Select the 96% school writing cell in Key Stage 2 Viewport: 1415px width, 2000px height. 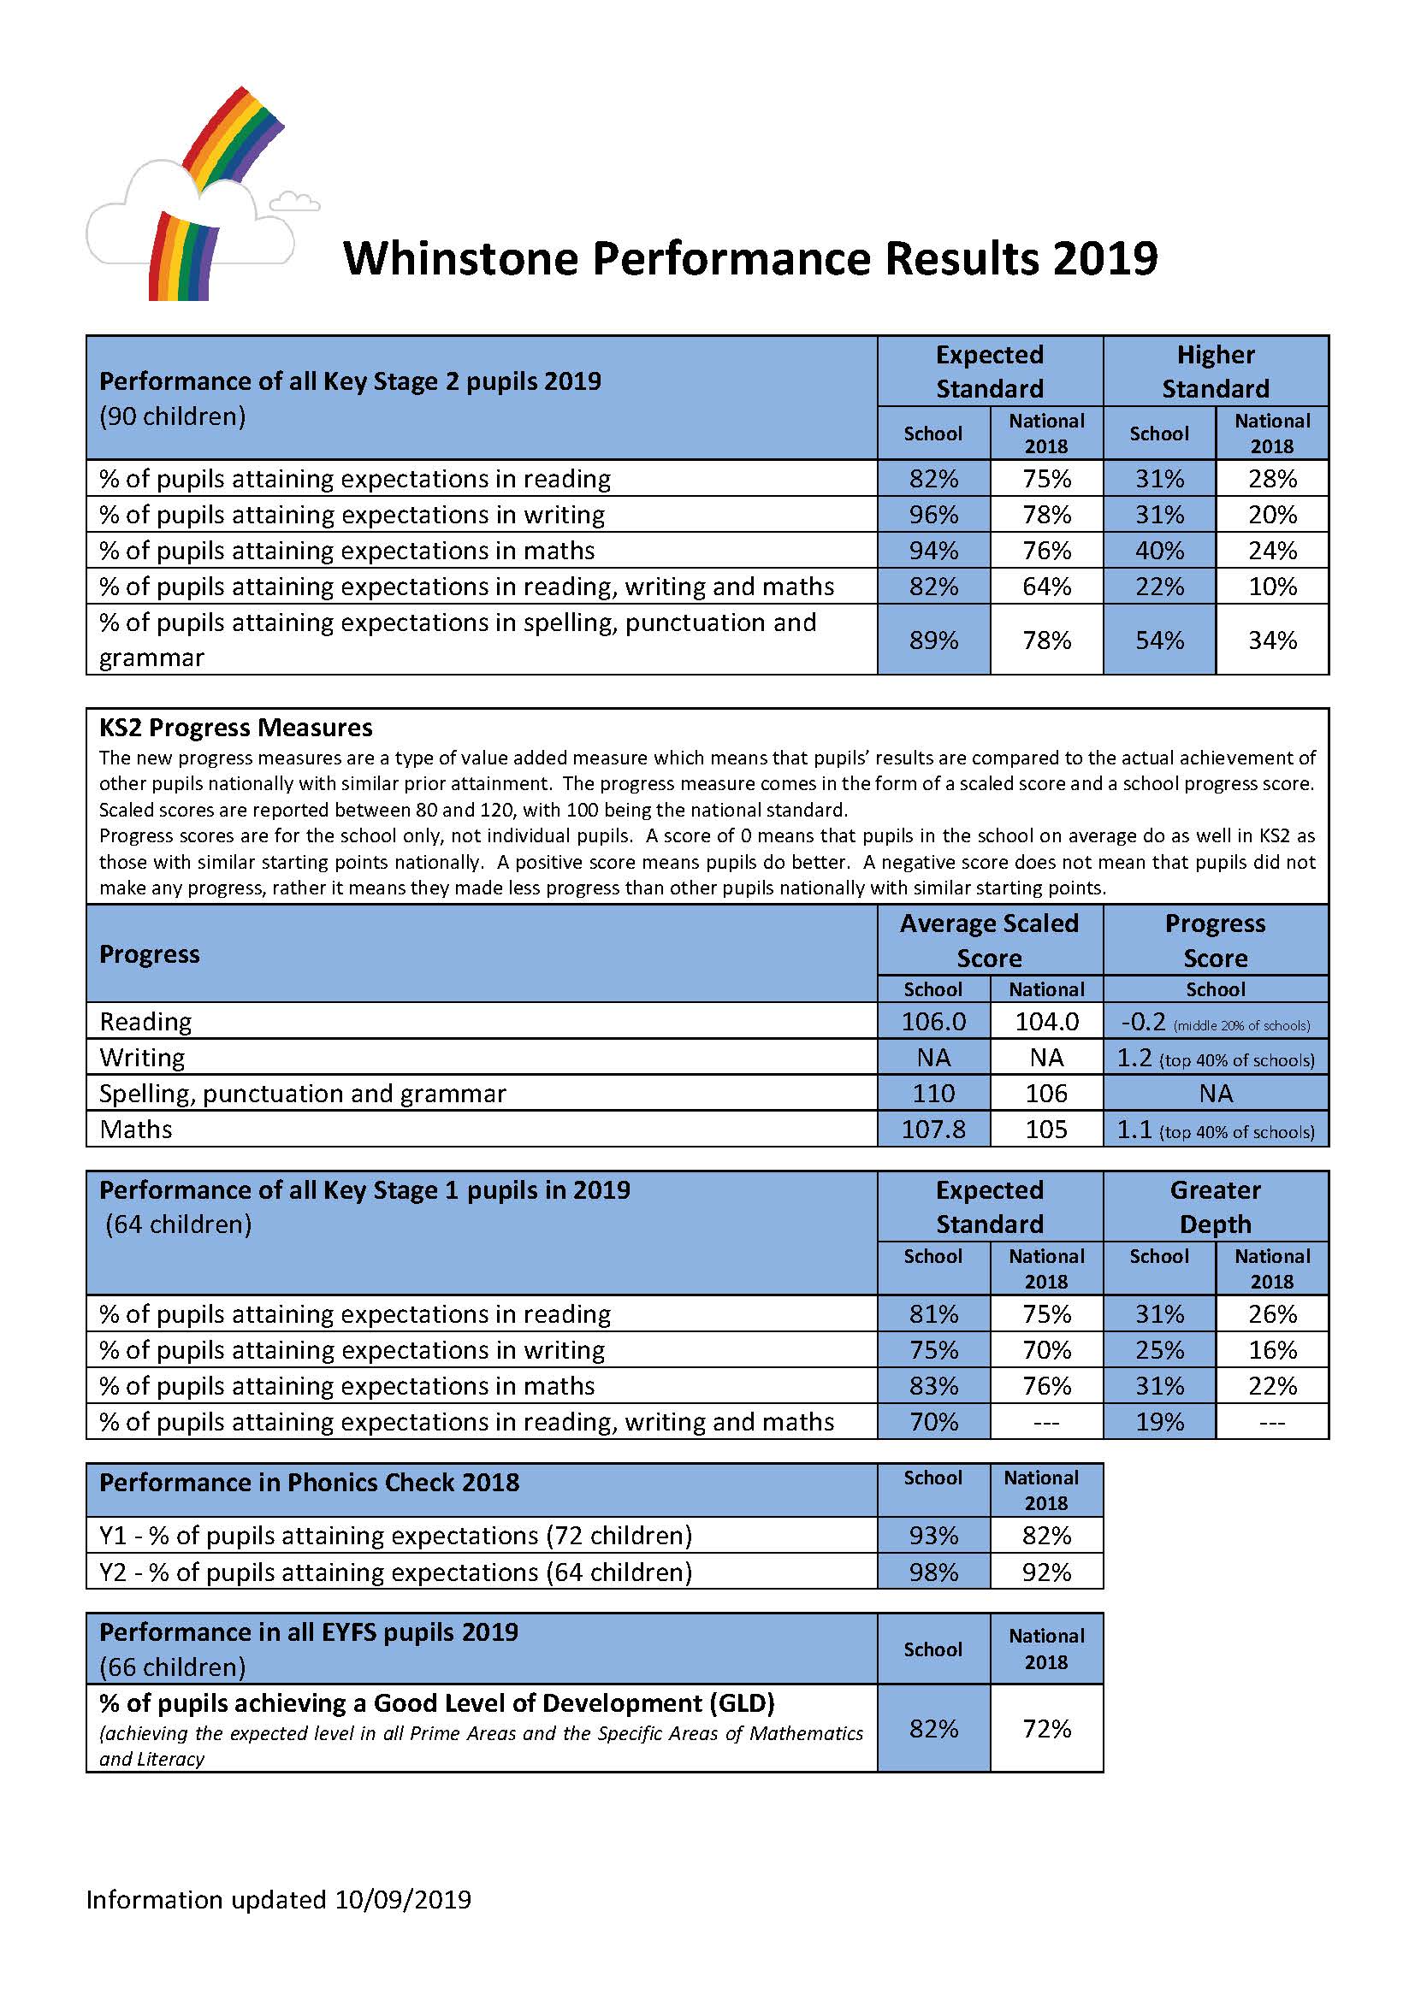tap(933, 515)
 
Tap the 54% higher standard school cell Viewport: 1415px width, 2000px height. tap(1159, 640)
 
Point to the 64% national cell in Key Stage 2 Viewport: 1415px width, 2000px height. tap(1046, 587)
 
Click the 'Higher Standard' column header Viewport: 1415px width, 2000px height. tap(1215, 371)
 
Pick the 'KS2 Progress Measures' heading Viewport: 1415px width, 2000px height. tap(235, 728)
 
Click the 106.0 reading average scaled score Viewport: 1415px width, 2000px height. tap(933, 1021)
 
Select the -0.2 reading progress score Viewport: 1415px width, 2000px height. tap(1142, 1021)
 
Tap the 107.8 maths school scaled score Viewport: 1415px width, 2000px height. tap(933, 1129)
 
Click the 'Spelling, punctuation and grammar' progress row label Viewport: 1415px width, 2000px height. tap(302, 1094)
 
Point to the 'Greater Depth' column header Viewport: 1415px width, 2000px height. tap(1215, 1206)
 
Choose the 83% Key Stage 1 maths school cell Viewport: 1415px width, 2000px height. tap(933, 1386)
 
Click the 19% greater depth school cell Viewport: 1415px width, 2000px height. tap(1159, 1422)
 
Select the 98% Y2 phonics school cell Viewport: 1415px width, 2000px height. tap(933, 1572)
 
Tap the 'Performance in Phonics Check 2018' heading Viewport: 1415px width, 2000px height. tap(310, 1483)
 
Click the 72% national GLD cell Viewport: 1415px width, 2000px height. tap(1046, 1728)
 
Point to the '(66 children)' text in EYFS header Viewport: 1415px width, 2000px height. tap(173, 1667)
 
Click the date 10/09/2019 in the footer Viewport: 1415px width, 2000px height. tap(403, 1900)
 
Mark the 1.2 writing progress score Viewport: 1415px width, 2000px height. tap(1134, 1058)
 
